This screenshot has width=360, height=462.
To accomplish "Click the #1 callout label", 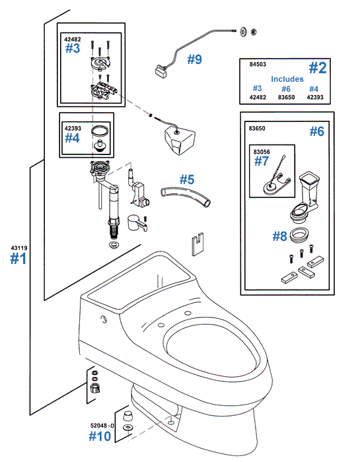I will [x=18, y=259].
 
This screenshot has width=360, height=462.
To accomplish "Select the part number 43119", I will [x=18, y=247].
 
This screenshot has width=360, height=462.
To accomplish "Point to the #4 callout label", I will [x=72, y=138].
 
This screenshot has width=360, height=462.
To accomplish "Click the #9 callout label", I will [x=194, y=59].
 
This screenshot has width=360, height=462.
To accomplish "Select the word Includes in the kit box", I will [x=287, y=79].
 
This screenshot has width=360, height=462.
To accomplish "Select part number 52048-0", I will [x=102, y=426].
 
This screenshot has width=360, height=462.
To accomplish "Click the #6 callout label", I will [x=317, y=131].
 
